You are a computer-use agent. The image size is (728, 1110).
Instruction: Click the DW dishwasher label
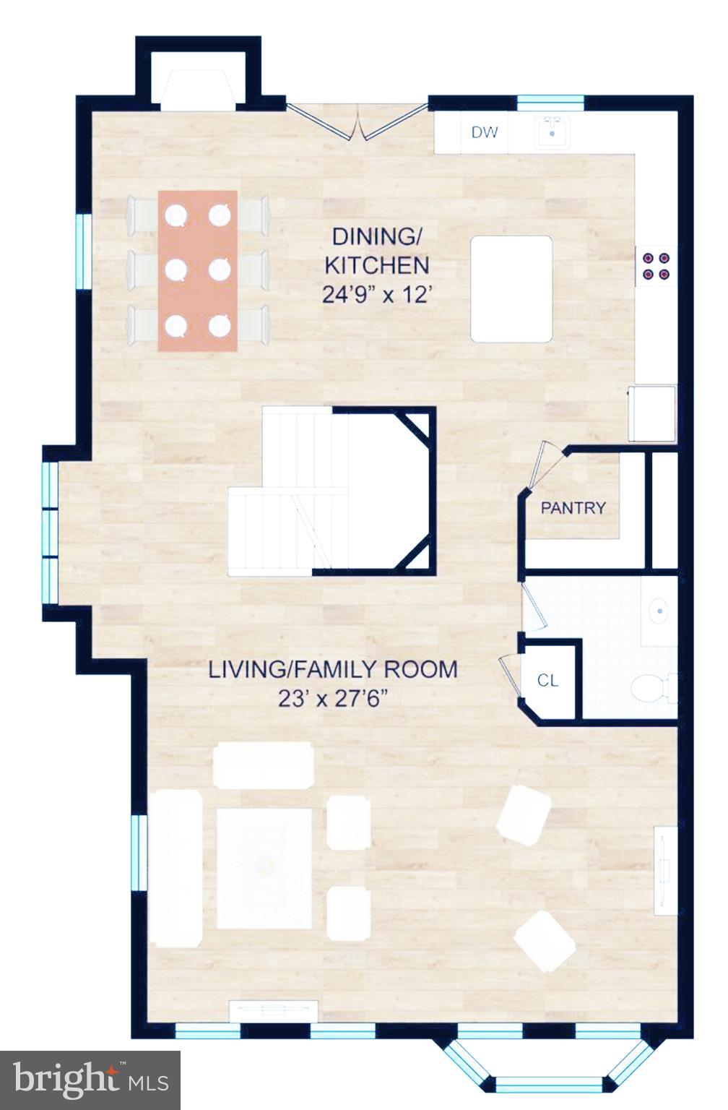pos(484,132)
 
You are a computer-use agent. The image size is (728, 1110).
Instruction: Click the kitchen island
pos(511,288)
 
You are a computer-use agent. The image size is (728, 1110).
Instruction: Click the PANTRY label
pos(573,508)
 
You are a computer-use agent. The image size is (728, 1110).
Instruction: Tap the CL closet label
pos(547,681)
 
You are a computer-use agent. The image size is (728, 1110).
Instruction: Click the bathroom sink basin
pos(659,611)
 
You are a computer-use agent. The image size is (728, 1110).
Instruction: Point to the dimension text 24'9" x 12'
pos(376,295)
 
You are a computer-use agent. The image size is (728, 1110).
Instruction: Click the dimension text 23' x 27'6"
pos(333,699)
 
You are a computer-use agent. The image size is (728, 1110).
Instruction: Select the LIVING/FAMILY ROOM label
pos(333,669)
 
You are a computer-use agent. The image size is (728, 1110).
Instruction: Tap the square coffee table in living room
pos(264,868)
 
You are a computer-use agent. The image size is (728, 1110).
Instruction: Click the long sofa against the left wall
pos(176,868)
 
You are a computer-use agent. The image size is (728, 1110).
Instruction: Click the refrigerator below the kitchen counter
pos(653,413)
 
